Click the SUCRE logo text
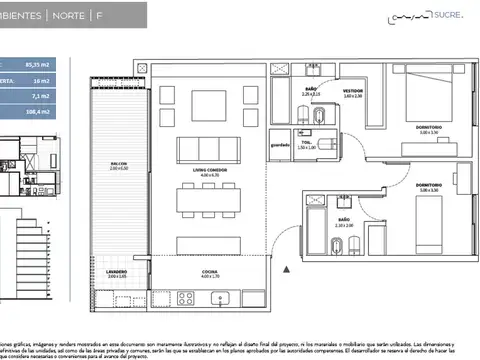coord(447,17)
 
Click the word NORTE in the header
coord(68,16)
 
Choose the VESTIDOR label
coord(352,91)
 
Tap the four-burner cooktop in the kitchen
coord(186,297)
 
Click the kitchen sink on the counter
coord(225,297)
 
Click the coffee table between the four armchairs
coord(208,105)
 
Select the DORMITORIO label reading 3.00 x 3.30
coord(430,186)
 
